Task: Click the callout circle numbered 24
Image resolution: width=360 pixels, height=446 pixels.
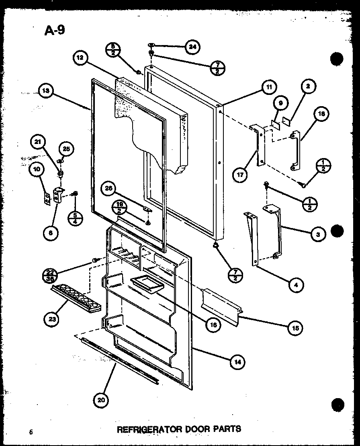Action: (x=193, y=47)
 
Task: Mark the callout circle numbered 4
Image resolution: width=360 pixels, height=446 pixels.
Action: (x=296, y=285)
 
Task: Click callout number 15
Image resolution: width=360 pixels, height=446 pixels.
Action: (x=295, y=327)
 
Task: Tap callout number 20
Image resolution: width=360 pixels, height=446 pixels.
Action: (x=102, y=400)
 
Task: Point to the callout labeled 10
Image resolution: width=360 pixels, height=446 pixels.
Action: (x=37, y=170)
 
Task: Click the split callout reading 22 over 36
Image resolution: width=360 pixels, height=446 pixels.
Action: (x=49, y=275)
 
